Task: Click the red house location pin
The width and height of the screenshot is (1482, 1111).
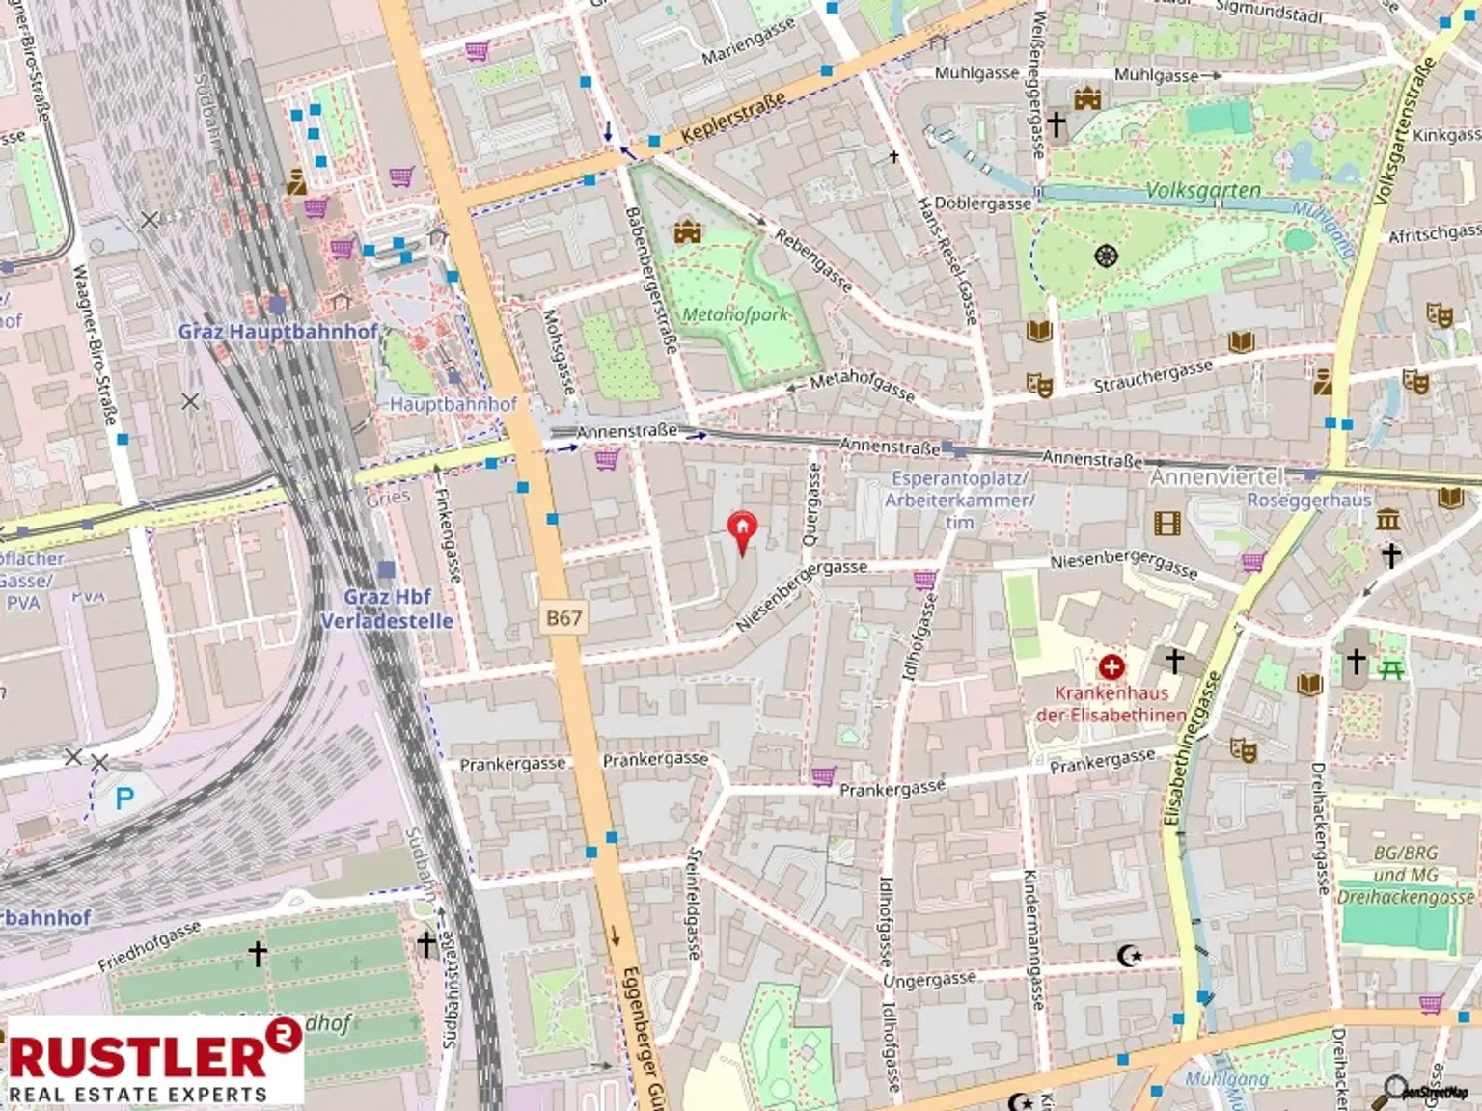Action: pos(741,530)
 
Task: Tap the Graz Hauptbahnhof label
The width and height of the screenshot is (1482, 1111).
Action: pos(278,332)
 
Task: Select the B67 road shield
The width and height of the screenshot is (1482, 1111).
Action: pos(563,618)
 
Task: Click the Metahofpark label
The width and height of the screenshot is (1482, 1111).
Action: pos(734,314)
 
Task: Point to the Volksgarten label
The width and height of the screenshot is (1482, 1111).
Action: pos(1203,191)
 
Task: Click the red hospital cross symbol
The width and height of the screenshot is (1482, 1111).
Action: pos(1111,666)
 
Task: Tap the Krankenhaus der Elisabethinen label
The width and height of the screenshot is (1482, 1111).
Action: pos(1111,704)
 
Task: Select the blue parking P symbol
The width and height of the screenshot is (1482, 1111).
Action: pos(124,799)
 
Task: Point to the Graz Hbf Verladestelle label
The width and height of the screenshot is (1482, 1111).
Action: pos(387,609)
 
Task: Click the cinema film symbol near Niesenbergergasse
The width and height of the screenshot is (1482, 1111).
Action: pos(1166,524)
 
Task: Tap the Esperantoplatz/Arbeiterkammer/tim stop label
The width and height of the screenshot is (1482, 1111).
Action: pos(959,500)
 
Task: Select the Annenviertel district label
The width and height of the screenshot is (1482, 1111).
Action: pos(1217,477)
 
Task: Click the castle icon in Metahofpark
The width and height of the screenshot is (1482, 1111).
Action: pos(687,231)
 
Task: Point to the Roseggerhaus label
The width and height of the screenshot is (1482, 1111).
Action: pos(1308,500)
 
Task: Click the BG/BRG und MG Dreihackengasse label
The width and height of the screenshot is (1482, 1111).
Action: pos(1405,875)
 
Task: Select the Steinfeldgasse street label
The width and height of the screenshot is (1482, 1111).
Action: pos(693,903)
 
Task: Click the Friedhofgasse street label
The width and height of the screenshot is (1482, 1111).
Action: pos(150,946)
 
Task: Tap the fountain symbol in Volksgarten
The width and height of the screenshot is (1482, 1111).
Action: pos(1106,256)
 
